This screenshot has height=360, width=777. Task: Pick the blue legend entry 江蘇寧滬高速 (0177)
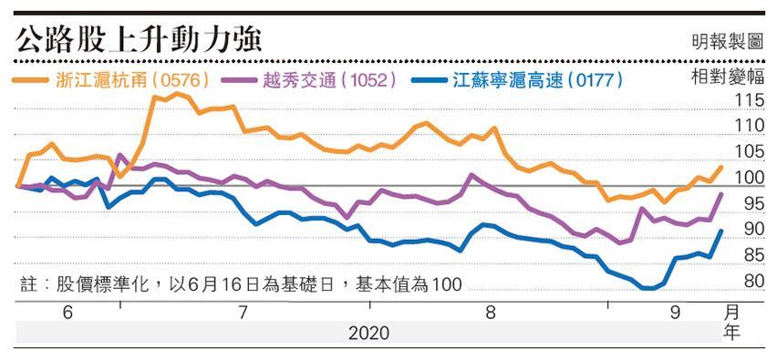tap(517, 80)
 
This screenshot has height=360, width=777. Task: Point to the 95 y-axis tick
tap(753, 204)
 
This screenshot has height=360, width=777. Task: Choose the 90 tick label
tap(753, 230)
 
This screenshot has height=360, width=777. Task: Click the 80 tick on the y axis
tap(753, 282)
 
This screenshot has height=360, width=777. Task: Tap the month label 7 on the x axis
tap(243, 314)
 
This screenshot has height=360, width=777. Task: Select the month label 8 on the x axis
tap(491, 314)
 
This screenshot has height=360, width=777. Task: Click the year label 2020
tap(368, 334)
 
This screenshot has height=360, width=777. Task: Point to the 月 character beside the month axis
tap(731, 314)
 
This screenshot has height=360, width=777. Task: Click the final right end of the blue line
tap(721, 231)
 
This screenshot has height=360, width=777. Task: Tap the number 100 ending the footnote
tap(446, 285)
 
